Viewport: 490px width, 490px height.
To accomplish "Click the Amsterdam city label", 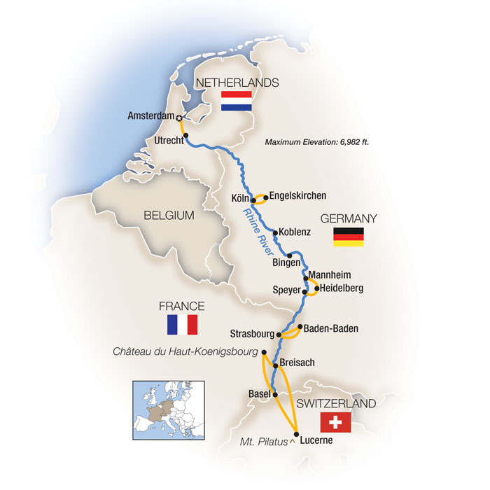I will coord(150,115).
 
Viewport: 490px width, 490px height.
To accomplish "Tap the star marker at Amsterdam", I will coord(179,118).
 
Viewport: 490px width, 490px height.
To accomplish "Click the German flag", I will coord(348,237).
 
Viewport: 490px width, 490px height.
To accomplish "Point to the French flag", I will coord(181,324).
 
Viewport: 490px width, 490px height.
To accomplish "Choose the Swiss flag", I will coord(334,423).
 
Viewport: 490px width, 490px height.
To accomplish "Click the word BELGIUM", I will coord(169,216).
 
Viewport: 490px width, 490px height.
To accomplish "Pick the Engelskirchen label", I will coord(297,196).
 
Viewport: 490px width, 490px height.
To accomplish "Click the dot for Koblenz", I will coord(275,232).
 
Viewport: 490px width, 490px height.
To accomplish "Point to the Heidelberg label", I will coord(342,288).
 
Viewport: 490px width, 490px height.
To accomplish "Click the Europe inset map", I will coord(167,410).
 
